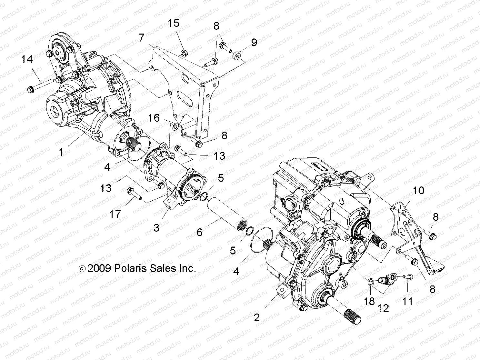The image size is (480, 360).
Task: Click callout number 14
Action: point(27,59)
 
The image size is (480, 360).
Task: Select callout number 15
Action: point(173,23)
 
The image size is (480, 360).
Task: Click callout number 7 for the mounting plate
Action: point(141,38)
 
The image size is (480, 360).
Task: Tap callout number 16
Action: point(154,118)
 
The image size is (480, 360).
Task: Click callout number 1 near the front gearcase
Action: point(61,152)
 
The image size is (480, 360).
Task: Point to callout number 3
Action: point(156,228)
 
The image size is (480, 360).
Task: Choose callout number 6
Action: point(199,232)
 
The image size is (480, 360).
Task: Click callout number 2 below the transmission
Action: point(256,318)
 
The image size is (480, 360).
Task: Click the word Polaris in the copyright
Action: point(129,268)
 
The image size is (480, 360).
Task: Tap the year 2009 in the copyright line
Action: point(99,268)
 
